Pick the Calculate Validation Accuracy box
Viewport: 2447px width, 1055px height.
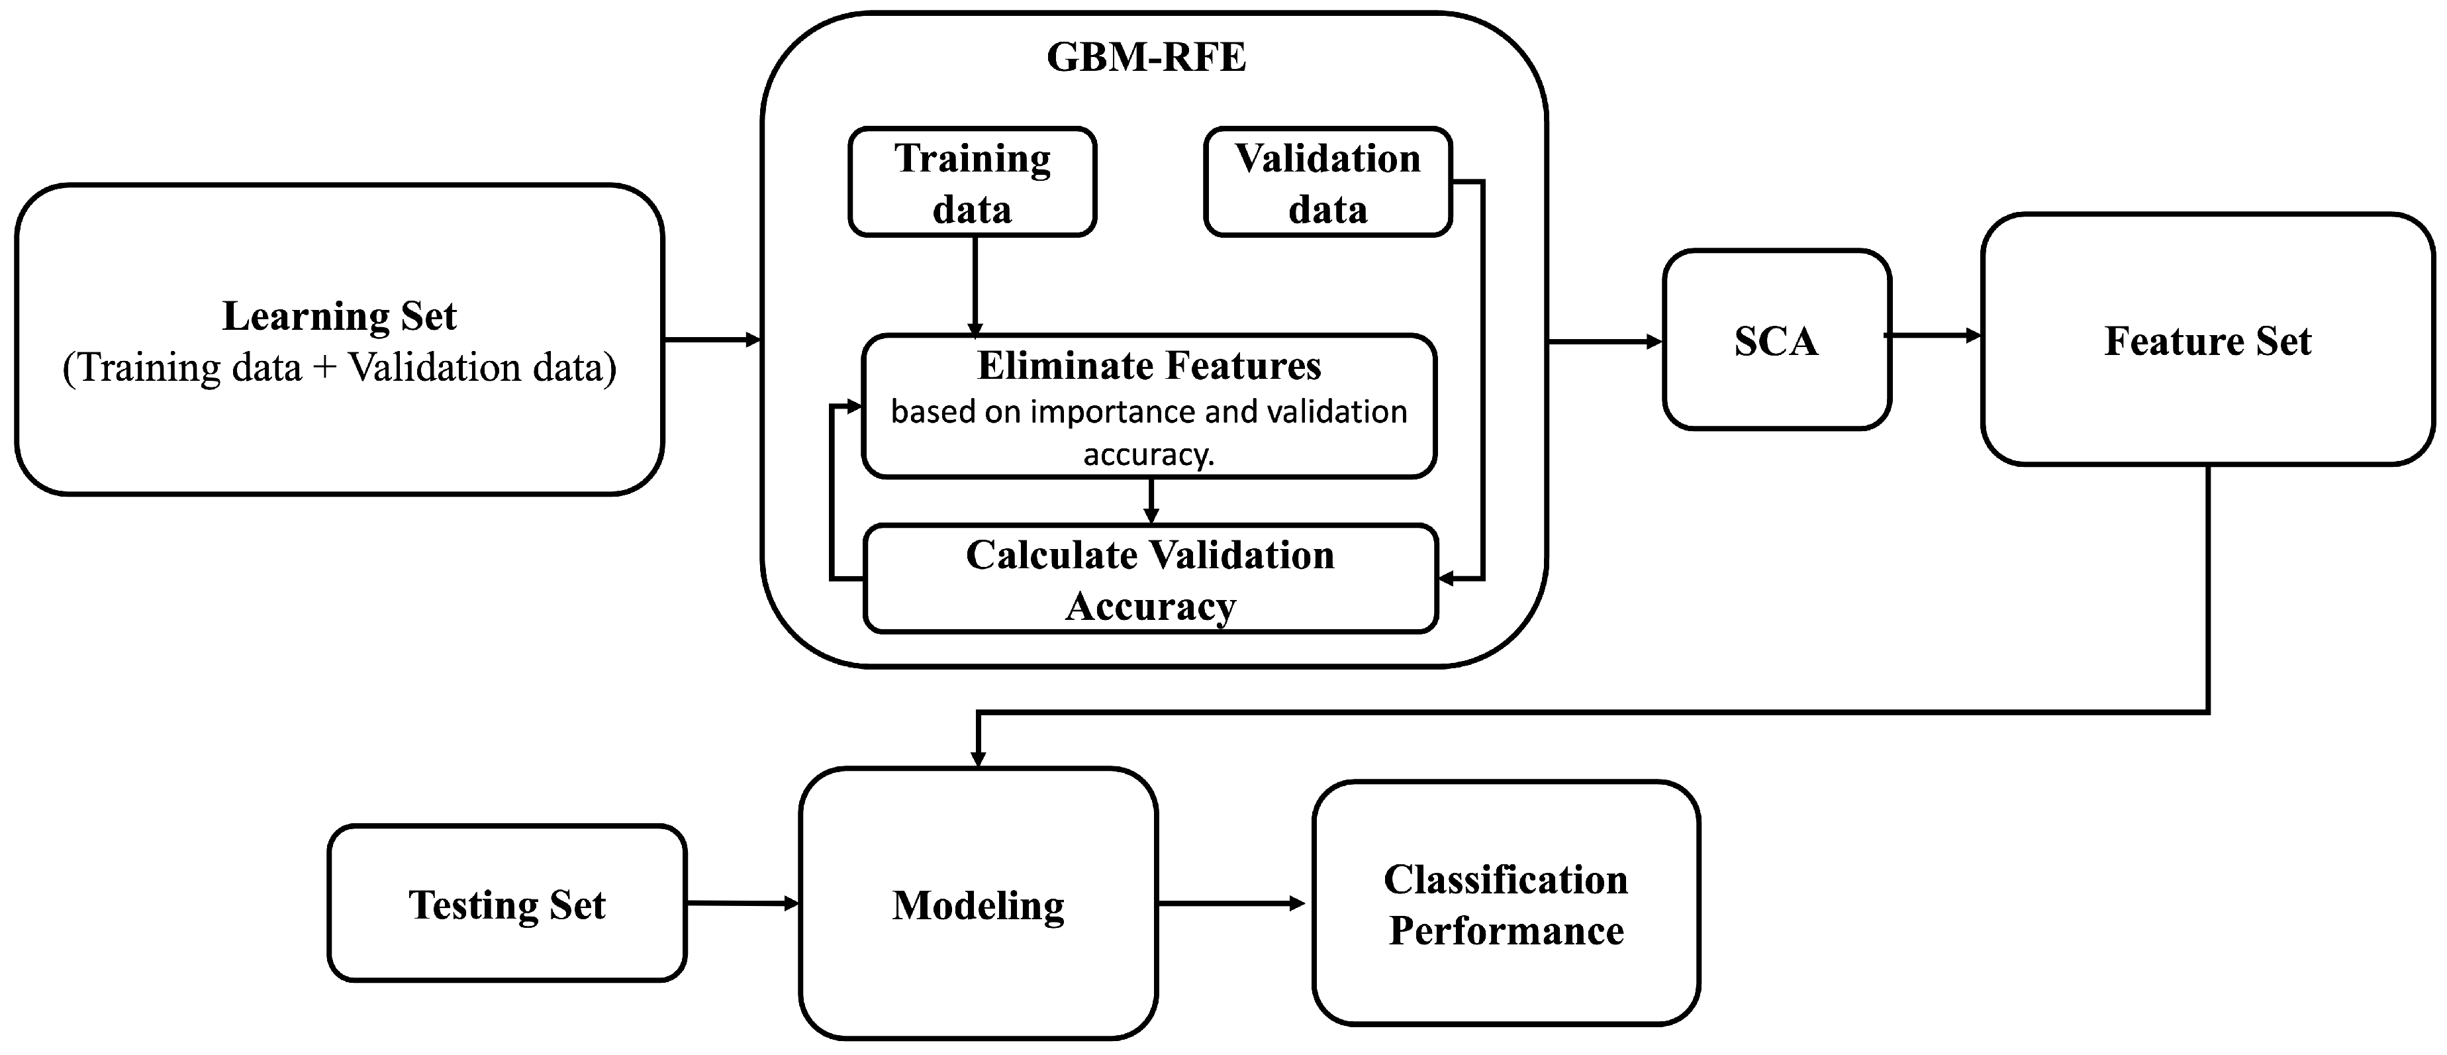[1149, 579]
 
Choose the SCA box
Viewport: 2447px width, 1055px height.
[1776, 340]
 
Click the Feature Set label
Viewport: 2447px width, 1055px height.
[2207, 340]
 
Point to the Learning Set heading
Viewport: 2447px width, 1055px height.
[339, 315]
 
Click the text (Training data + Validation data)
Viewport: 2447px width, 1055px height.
[339, 368]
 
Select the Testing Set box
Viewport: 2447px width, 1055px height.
[506, 904]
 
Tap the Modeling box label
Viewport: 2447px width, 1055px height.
[977, 905]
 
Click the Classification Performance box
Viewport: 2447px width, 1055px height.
[1506, 904]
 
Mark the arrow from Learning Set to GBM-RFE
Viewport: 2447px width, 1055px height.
[712, 339]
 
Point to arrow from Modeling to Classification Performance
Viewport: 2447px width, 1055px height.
[1231, 903]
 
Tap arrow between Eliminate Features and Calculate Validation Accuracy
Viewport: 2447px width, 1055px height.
[1151, 501]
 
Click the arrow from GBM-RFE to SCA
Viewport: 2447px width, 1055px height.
[1606, 341]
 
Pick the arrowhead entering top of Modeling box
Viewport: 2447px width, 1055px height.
[977, 758]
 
